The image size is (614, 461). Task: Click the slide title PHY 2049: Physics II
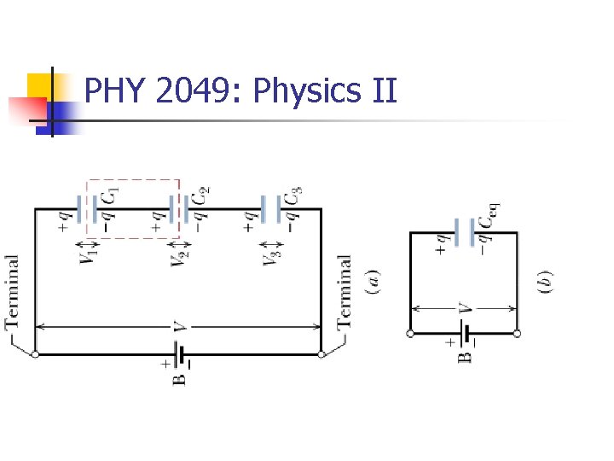click(x=241, y=90)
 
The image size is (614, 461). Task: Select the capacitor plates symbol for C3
click(x=269, y=208)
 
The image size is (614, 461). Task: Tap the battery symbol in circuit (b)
click(x=464, y=333)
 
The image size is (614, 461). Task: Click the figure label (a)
click(x=373, y=281)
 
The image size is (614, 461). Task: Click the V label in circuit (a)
click(x=178, y=326)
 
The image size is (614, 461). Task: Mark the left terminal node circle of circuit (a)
click(x=35, y=353)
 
